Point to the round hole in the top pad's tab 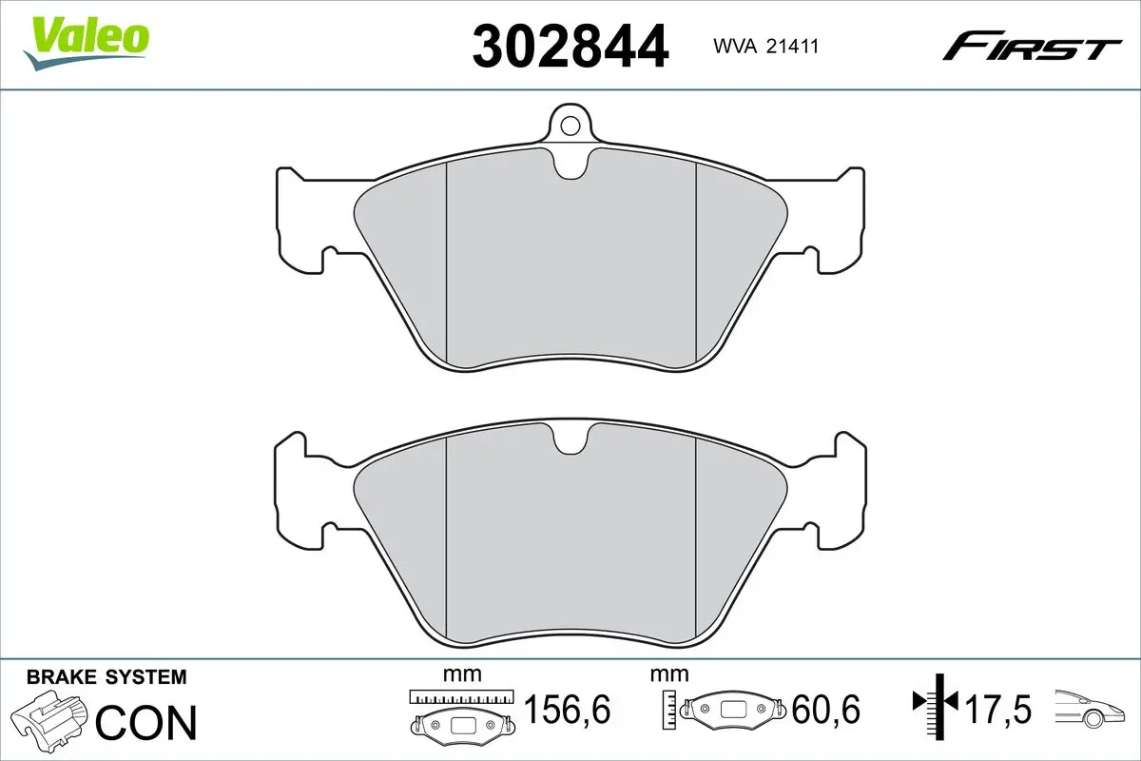570,125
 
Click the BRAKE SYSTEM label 106,677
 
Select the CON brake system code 146,722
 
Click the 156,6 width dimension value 567,710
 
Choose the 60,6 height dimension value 825,710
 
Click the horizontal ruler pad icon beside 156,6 460,713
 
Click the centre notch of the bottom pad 570,439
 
